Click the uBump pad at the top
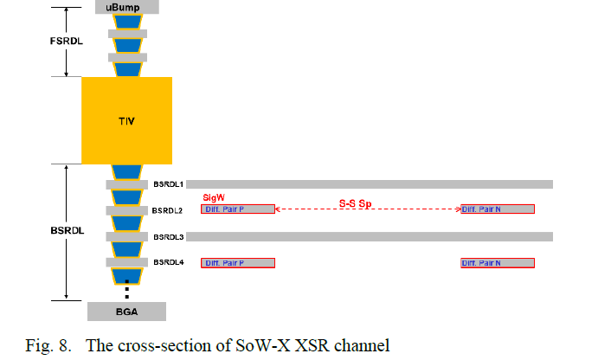click(x=126, y=7)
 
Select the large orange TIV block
click(x=126, y=120)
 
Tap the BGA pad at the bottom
click(x=126, y=312)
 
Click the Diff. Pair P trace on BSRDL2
click(x=237, y=209)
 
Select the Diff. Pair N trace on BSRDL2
click(x=497, y=209)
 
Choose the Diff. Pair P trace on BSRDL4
click(x=237, y=263)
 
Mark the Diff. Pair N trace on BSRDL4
click(x=497, y=263)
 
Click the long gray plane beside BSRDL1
click(x=370, y=184)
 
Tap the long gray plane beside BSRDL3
click(x=370, y=236)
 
